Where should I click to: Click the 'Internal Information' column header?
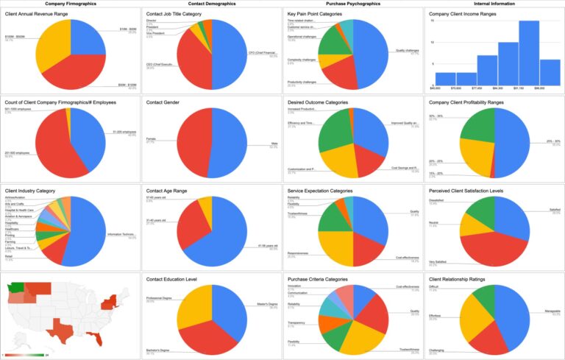click(x=493, y=4)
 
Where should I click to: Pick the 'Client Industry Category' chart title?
click(x=32, y=191)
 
